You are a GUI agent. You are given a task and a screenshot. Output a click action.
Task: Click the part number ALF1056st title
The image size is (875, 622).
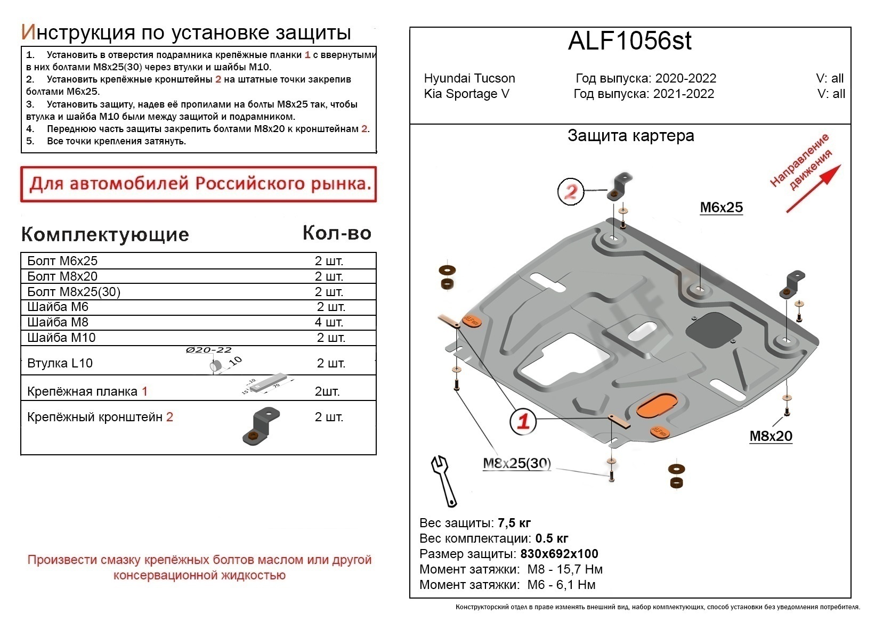(x=629, y=42)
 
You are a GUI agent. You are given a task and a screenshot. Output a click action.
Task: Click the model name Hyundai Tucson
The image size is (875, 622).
(x=469, y=78)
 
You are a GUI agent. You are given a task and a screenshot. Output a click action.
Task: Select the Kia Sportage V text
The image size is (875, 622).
(x=466, y=94)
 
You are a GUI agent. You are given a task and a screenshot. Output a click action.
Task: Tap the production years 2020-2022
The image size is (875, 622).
(x=685, y=78)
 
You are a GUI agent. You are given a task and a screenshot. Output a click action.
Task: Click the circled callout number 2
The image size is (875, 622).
(x=571, y=191)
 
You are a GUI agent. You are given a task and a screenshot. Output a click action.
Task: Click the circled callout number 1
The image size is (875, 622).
(x=523, y=421)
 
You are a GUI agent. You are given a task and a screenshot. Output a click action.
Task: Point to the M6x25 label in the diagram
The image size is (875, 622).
(x=720, y=208)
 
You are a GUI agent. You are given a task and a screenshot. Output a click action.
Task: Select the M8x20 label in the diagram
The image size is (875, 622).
(x=771, y=436)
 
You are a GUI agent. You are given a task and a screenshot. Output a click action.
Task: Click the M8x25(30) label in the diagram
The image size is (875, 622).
(x=516, y=463)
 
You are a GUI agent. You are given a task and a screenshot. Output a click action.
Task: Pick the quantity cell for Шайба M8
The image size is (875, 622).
(x=329, y=322)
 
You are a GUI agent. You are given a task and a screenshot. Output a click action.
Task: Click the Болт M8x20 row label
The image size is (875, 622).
(x=62, y=276)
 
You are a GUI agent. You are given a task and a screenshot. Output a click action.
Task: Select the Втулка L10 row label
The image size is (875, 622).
(x=60, y=363)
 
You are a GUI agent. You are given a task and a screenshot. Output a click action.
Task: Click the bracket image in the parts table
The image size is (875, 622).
(x=261, y=425)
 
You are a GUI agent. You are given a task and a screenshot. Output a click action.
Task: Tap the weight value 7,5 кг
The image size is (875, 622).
(x=514, y=523)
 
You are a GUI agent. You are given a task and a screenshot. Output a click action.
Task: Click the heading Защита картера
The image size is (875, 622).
(x=630, y=136)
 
